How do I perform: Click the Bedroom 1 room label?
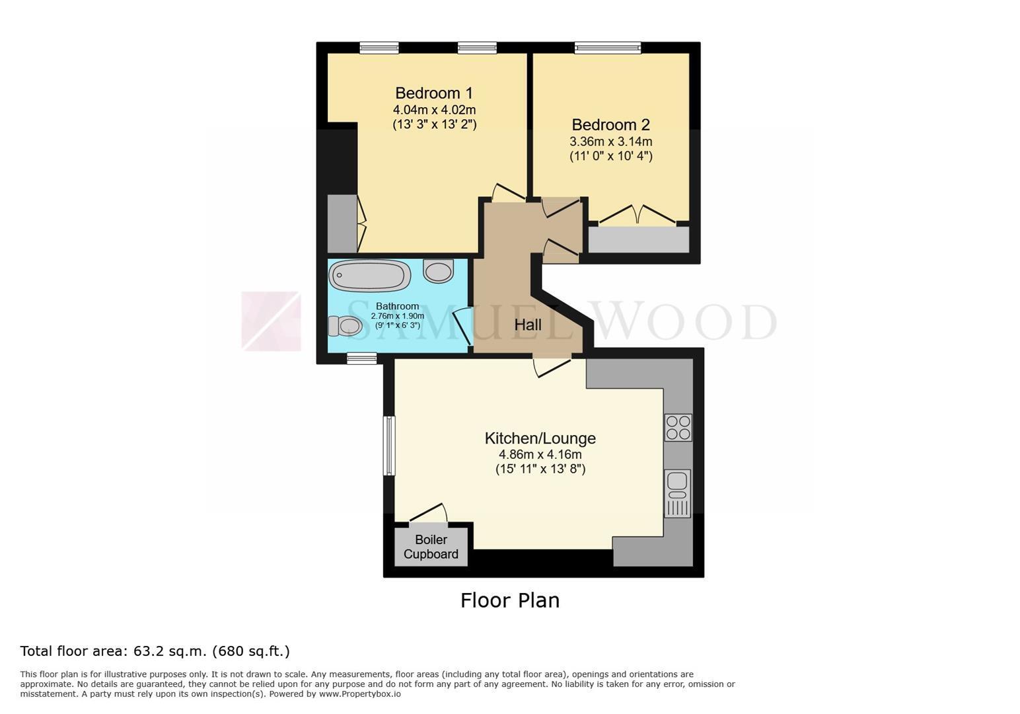point(434,93)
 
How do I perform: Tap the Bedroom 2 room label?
point(610,124)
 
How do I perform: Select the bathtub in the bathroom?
point(369,275)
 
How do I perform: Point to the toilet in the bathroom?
point(345,326)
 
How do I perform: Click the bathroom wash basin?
point(438,271)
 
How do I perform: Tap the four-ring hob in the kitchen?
point(678,427)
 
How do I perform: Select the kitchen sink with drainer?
point(678,493)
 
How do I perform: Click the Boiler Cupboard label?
point(431,547)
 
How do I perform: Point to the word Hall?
point(528,325)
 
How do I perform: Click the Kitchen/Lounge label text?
point(540,438)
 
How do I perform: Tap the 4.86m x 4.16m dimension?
point(540,454)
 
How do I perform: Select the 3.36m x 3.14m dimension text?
point(610,141)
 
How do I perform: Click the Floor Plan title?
point(510,600)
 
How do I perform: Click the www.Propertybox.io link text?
point(360,694)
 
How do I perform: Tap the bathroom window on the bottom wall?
point(361,358)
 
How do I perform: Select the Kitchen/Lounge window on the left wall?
point(389,445)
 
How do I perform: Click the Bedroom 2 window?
point(608,48)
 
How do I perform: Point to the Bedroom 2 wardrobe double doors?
point(637,215)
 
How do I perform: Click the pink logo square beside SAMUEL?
point(271,321)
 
